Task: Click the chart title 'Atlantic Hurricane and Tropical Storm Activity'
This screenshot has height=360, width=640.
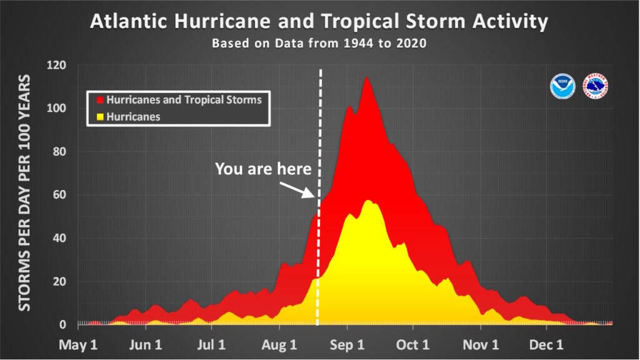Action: pyautogui.click(x=319, y=21)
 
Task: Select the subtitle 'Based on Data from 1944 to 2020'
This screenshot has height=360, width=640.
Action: pyautogui.click(x=319, y=43)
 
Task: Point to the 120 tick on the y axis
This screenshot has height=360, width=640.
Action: pyautogui.click(x=56, y=65)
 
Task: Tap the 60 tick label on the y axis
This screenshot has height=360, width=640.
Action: pyautogui.click(x=59, y=195)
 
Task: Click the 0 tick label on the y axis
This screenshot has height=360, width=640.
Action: pyautogui.click(x=62, y=324)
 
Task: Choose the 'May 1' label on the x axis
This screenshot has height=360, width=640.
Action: pyautogui.click(x=78, y=345)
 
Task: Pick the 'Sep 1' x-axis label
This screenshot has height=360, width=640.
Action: pyautogui.click(x=347, y=345)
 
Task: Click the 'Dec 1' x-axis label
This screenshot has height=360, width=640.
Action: pyautogui.click(x=546, y=345)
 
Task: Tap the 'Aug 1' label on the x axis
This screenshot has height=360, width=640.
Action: pyautogui.click(x=279, y=345)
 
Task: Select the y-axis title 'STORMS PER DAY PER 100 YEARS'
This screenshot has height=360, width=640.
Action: pyautogui.click(x=24, y=192)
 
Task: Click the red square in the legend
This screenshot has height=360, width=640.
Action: pyautogui.click(x=100, y=100)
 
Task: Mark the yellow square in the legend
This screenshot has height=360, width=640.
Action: pyautogui.click(x=100, y=117)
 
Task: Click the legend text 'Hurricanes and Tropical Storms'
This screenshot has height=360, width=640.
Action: pyautogui.click(x=184, y=100)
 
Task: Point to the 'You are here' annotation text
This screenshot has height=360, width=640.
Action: pyautogui.click(x=263, y=169)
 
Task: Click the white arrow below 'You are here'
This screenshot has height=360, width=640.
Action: pyautogui.click(x=297, y=190)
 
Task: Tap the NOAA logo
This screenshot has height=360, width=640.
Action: pyautogui.click(x=562, y=86)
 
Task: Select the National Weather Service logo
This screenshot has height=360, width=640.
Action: pyautogui.click(x=596, y=86)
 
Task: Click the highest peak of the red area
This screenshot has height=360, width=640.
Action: pyautogui.click(x=366, y=77)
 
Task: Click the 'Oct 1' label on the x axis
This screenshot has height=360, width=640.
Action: pyautogui.click(x=412, y=345)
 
